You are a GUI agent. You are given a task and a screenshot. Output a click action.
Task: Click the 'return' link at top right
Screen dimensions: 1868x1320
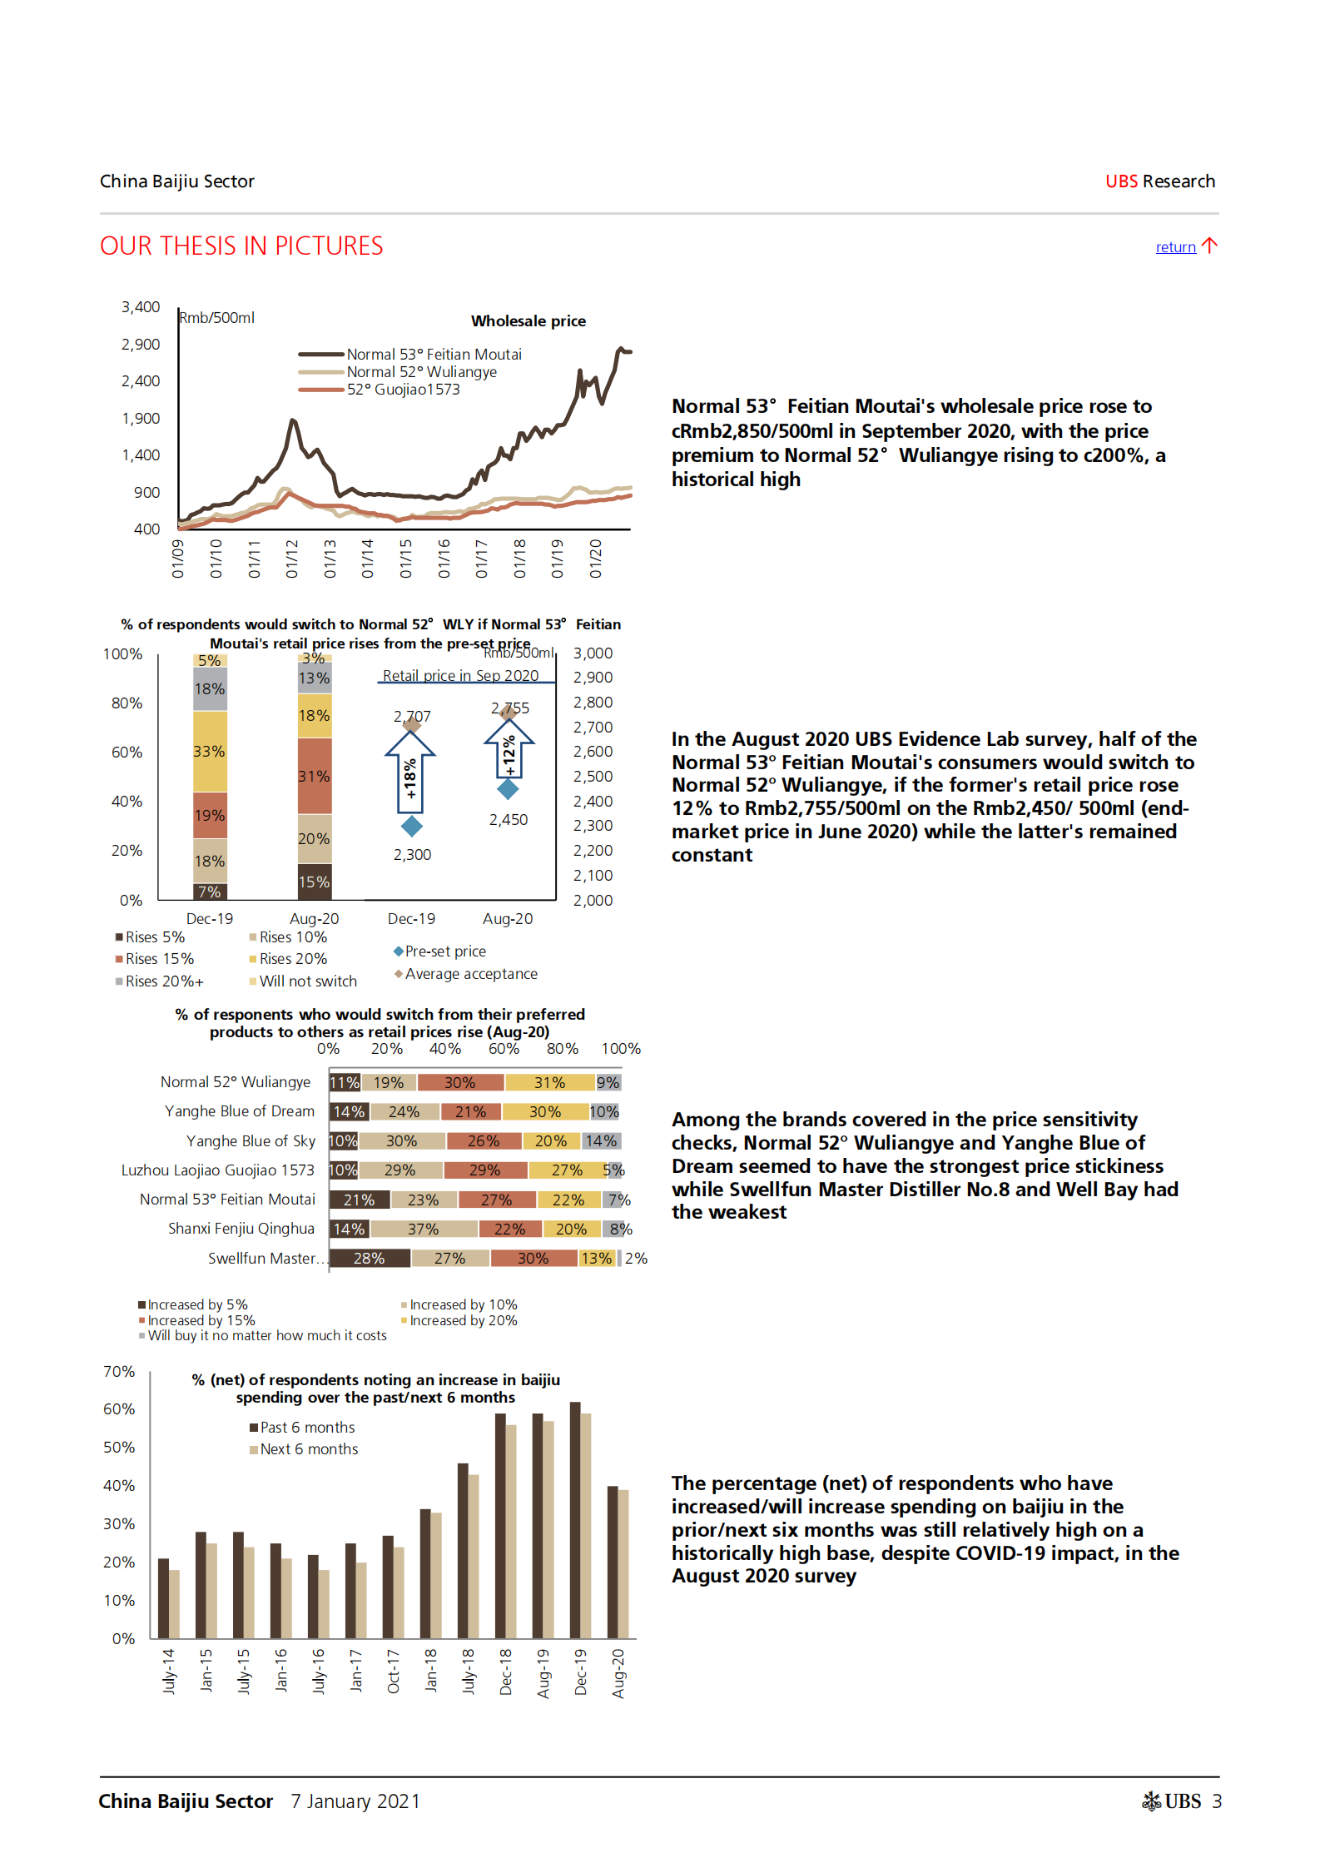(1175, 247)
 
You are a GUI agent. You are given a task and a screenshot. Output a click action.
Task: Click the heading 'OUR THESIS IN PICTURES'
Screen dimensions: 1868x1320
(241, 246)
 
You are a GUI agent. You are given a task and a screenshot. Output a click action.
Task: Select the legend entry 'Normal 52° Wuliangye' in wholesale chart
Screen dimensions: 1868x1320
(421, 372)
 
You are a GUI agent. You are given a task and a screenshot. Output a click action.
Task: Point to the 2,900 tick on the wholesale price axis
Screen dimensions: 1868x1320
(141, 345)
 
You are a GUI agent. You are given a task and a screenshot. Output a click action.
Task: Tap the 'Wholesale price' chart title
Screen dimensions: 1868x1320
(528, 321)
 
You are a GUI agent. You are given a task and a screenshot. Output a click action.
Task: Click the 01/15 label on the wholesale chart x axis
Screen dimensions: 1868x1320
(406, 559)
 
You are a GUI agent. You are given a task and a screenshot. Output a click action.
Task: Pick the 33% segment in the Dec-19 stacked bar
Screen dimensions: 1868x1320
(210, 751)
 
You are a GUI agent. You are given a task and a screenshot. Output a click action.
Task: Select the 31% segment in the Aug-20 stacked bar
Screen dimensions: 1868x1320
(315, 776)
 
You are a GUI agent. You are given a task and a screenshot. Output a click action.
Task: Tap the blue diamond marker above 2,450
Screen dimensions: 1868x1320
(508, 788)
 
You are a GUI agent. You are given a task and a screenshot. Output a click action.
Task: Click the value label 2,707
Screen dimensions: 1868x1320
(412, 716)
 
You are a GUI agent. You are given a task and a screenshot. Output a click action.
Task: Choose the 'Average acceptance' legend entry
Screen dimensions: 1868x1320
(470, 974)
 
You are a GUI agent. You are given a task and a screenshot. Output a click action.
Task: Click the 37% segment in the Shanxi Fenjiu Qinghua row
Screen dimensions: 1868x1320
(424, 1229)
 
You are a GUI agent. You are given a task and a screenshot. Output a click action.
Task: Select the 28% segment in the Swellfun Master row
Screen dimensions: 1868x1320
(370, 1258)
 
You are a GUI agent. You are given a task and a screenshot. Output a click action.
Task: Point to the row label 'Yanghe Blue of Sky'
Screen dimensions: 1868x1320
(251, 1141)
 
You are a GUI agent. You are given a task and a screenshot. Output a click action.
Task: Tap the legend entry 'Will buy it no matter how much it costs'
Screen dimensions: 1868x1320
(266, 1335)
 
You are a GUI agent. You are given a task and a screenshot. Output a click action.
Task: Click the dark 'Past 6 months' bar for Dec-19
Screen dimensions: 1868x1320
(575, 1520)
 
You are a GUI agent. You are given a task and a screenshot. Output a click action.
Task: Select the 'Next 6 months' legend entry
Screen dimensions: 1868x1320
(309, 1449)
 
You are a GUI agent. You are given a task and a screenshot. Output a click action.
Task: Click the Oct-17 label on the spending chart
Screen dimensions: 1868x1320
(394, 1671)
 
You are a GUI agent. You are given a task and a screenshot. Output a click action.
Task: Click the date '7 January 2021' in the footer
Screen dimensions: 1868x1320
(355, 1801)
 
